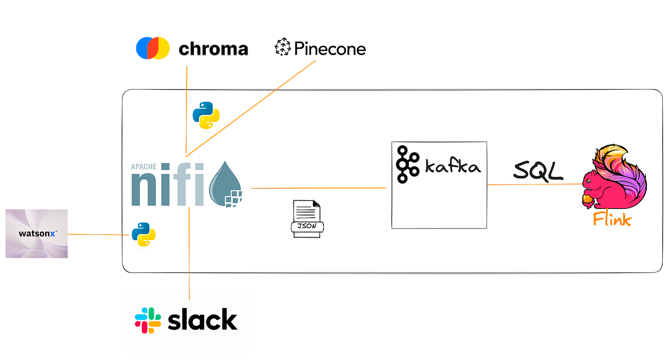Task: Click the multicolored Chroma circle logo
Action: tap(153, 48)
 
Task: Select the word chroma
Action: tap(213, 49)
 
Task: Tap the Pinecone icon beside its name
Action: tap(283, 47)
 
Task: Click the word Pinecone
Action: tap(330, 49)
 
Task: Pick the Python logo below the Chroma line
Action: tap(206, 115)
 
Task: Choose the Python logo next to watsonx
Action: tap(144, 235)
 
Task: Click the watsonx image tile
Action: tap(37, 233)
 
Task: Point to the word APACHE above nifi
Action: tap(144, 167)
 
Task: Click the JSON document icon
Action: tap(307, 219)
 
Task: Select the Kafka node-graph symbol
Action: tap(407, 164)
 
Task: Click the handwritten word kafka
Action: tap(452, 166)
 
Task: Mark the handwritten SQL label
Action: tap(538, 171)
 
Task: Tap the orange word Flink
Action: tap(612, 219)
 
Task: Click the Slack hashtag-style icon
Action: tap(148, 320)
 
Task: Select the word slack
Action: tap(202, 320)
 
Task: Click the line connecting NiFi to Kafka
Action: tap(318, 188)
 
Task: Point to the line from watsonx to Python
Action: tap(98, 235)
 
